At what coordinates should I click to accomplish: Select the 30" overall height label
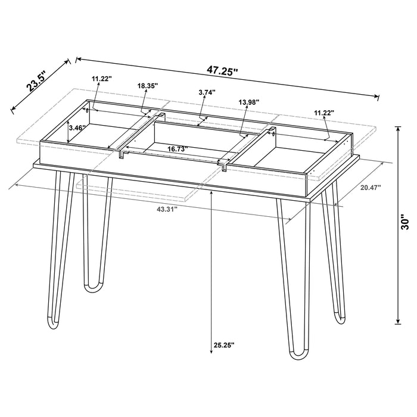click(405, 222)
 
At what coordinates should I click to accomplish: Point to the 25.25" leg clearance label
click(223, 345)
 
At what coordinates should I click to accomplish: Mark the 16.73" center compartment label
click(178, 150)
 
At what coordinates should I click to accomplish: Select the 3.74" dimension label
click(207, 92)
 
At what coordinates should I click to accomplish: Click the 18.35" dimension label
click(147, 86)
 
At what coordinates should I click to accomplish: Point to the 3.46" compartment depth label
click(77, 127)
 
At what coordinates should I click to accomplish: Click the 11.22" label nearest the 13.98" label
click(324, 112)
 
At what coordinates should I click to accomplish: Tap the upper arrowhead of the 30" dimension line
click(398, 127)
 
